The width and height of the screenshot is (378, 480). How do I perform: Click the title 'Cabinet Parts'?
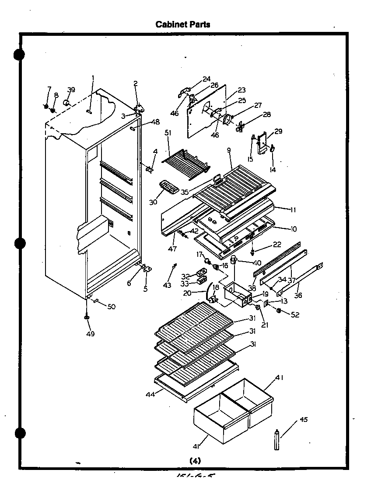click(183, 24)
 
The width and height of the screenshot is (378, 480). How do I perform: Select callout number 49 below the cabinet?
click(90, 334)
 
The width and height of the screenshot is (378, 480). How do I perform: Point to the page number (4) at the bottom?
click(195, 461)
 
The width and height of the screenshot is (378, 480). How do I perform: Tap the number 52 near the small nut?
click(295, 314)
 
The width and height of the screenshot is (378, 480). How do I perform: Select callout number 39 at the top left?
click(71, 90)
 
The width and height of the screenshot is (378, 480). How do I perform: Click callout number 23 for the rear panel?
click(241, 90)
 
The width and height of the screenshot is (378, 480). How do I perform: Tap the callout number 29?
click(279, 131)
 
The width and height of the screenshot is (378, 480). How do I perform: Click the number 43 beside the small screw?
click(167, 285)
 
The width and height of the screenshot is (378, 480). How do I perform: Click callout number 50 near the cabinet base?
click(111, 307)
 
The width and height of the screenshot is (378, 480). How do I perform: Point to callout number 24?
click(206, 79)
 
